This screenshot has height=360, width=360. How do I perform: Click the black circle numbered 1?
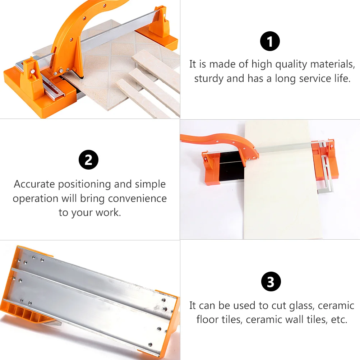[x=270, y=41]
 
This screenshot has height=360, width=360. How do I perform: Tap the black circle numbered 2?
[x=88, y=160]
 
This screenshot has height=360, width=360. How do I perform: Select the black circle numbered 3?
[x=271, y=281]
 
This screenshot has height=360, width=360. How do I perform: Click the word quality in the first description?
[x=291, y=65]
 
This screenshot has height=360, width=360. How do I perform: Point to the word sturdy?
[x=209, y=79]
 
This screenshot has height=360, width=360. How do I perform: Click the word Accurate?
[x=34, y=184]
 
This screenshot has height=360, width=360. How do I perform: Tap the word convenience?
[x=137, y=199]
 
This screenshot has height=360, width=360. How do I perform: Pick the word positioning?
[x=84, y=185]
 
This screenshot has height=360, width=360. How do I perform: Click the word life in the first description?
[x=342, y=79]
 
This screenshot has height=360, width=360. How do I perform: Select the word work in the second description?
[x=108, y=212]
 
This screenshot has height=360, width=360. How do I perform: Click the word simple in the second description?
[x=150, y=185]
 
